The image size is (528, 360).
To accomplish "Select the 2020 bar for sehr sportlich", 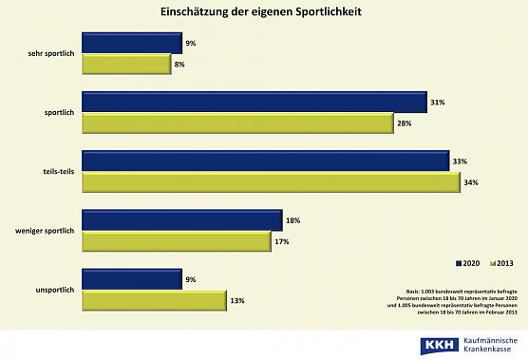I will (x=131, y=43).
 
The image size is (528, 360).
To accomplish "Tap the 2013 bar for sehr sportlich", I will (x=126, y=65).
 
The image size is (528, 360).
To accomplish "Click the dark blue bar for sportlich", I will (x=253, y=103).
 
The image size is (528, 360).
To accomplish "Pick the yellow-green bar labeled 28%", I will (x=237, y=124).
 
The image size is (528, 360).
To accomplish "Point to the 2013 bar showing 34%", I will (x=270, y=183).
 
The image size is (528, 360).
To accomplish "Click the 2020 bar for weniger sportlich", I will (x=181, y=220).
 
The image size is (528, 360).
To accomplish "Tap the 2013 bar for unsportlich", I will (x=154, y=301).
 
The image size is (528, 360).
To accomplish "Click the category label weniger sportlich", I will (x=46, y=231).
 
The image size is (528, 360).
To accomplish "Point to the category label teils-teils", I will (x=60, y=172).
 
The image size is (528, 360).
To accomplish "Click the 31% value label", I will (x=437, y=103).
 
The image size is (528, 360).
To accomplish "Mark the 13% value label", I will (x=236, y=301).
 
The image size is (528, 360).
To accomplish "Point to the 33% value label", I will (x=460, y=162).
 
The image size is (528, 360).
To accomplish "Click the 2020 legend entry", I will (x=470, y=261).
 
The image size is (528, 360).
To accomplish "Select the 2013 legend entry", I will (x=503, y=261).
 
